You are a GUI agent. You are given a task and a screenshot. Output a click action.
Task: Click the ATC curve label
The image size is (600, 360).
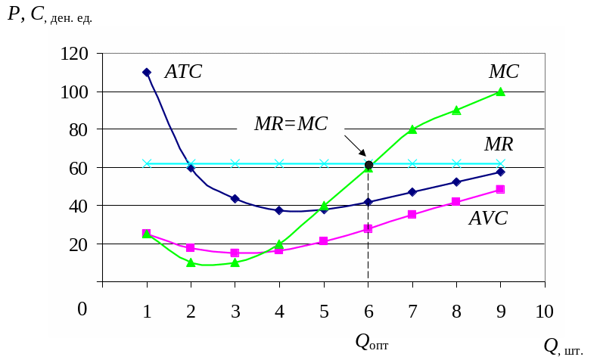click(x=183, y=72)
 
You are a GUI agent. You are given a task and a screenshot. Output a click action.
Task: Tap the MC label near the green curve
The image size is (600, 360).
click(x=504, y=72)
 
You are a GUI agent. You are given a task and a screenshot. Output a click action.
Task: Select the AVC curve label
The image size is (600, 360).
click(x=488, y=219)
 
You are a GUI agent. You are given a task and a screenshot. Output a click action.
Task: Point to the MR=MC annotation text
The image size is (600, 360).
click(x=291, y=124)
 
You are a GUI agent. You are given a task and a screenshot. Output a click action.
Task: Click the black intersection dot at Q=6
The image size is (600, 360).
click(x=368, y=165)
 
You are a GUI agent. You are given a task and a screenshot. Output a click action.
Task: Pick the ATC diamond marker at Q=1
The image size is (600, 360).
click(x=147, y=73)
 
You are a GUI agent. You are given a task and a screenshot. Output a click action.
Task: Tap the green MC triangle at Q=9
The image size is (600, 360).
click(x=500, y=92)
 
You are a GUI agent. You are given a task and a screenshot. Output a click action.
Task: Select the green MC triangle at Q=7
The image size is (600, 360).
click(x=412, y=129)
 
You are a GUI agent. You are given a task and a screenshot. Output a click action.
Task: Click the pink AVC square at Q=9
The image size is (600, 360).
click(x=500, y=189)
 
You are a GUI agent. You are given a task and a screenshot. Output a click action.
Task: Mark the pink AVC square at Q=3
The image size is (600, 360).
click(x=235, y=253)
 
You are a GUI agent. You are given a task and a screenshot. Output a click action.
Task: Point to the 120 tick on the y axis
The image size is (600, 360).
click(x=76, y=54)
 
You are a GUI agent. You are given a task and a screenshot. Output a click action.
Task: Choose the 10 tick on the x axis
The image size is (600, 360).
click(x=544, y=312)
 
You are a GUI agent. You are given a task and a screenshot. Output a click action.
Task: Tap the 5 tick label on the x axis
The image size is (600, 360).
click(x=324, y=312)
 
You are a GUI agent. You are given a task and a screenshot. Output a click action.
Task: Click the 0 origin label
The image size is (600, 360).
click(x=82, y=309)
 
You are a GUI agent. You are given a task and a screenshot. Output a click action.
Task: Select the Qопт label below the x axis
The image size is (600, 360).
click(x=372, y=342)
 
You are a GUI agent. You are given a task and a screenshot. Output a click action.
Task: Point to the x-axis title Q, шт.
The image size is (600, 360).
click(x=564, y=346)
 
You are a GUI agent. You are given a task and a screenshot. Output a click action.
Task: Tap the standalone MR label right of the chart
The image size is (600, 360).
click(x=499, y=144)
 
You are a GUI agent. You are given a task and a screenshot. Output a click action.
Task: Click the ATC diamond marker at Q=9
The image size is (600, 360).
click(x=500, y=172)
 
